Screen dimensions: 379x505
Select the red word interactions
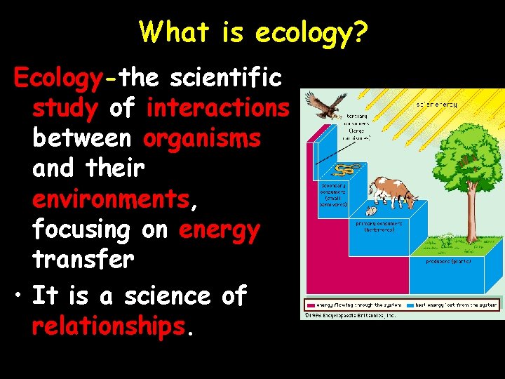coord(217,108)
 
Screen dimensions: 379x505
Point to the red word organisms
coord(202,138)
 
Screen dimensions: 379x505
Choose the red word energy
coord(220,230)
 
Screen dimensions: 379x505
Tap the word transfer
coord(83,260)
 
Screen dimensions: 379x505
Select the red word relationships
coord(109,326)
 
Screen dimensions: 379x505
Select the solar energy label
coord(437,105)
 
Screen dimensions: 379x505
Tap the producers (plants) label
coord(449,261)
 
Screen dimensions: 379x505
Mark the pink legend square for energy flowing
coord(309,305)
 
